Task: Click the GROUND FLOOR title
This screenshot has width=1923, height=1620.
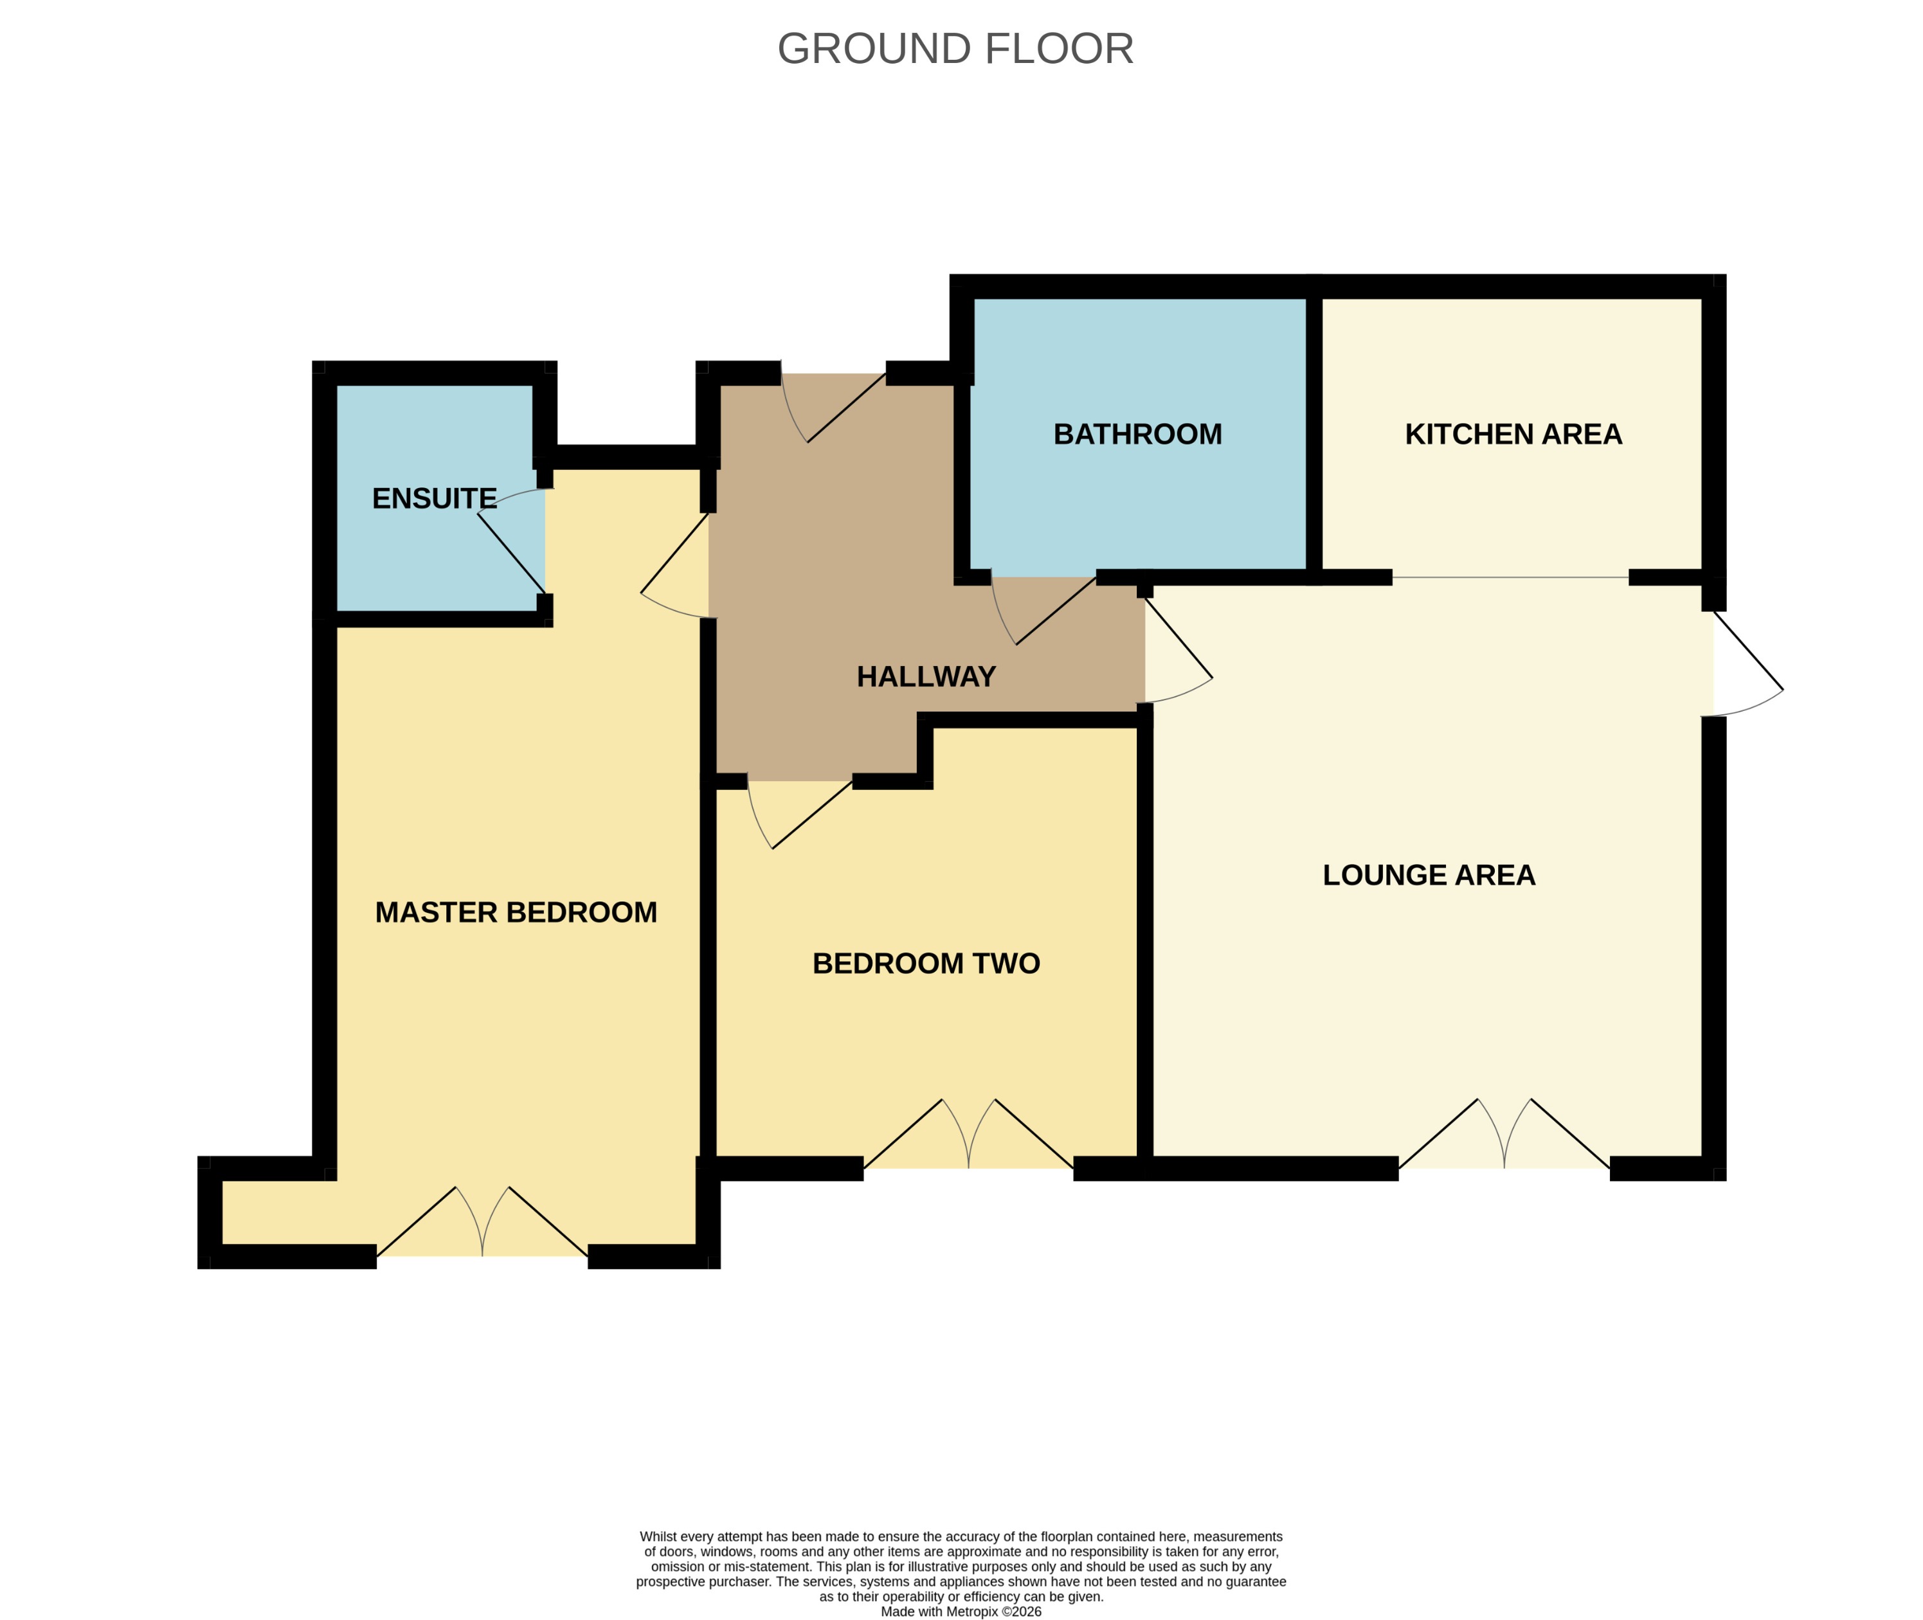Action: [x=955, y=49]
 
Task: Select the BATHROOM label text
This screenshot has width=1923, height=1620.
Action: [x=1137, y=435]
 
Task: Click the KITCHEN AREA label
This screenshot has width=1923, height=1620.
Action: [x=1513, y=435]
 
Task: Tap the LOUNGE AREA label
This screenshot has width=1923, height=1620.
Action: [x=1428, y=875]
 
